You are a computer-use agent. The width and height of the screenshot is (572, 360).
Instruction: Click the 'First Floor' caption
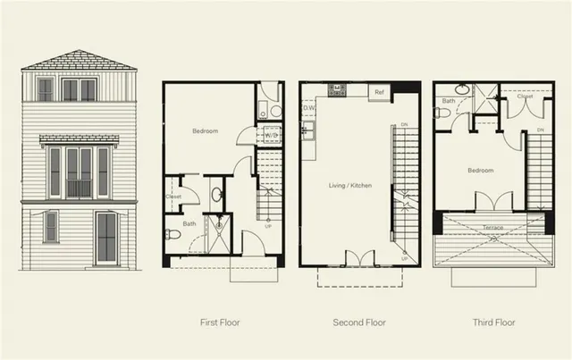221,322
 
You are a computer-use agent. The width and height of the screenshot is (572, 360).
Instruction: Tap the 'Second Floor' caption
358,322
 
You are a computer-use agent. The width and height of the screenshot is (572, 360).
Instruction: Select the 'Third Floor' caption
492,322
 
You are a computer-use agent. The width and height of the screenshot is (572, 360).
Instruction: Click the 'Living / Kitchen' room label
349,186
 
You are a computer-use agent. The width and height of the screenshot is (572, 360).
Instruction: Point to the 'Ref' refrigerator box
379,92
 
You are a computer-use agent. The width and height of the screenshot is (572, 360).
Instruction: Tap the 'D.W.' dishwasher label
309,109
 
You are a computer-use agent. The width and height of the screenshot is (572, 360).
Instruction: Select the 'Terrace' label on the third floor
492,227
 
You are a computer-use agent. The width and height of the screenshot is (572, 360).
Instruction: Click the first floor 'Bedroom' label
206,131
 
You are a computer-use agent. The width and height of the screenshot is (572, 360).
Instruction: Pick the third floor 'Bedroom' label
480,169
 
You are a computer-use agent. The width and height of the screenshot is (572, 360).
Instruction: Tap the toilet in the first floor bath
173,234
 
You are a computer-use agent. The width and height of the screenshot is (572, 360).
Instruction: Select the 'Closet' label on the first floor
174,197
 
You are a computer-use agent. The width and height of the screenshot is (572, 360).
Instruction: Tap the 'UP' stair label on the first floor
269,226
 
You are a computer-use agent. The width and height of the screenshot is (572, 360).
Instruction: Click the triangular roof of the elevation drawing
79,61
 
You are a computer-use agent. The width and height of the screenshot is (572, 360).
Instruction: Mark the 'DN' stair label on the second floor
405,125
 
